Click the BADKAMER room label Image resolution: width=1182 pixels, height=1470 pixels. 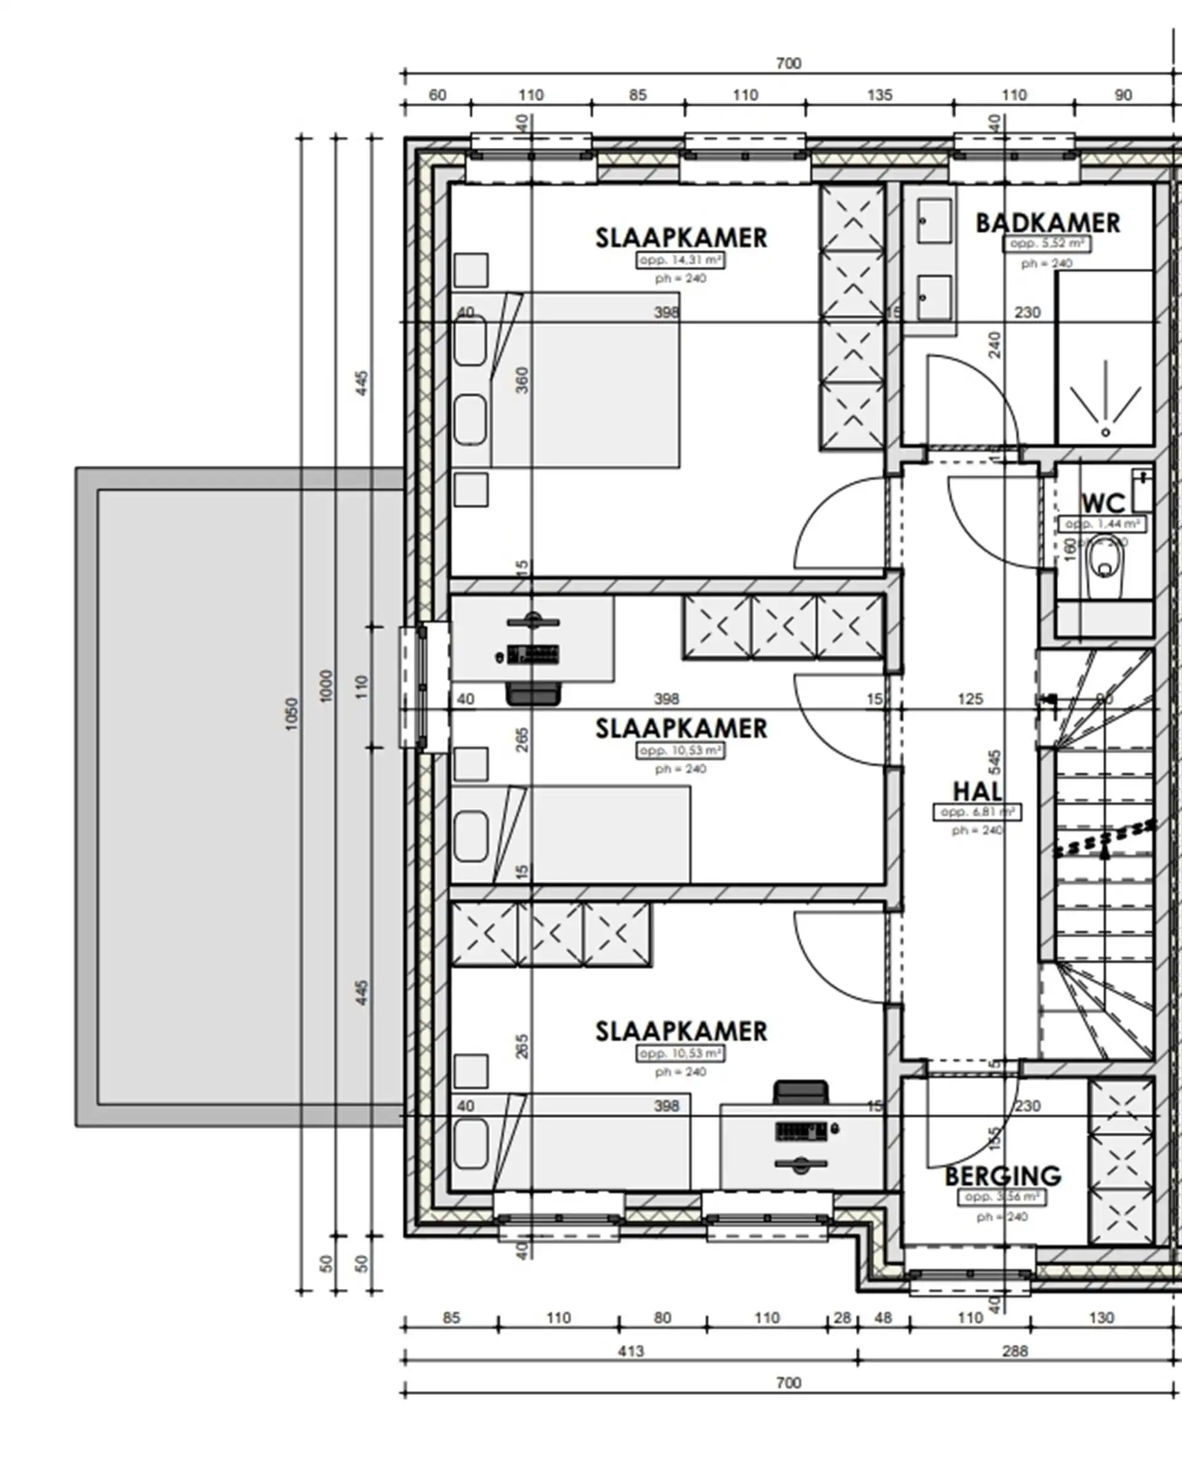pyautogui.click(x=1047, y=223)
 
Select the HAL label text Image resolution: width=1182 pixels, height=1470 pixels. pyautogui.click(x=977, y=791)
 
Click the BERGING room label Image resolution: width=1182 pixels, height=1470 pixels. pyautogui.click(x=1003, y=1176)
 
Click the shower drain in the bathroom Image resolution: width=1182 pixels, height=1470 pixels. pyautogui.click(x=1105, y=432)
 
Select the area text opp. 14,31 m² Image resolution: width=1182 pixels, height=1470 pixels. pyautogui.click(x=680, y=260)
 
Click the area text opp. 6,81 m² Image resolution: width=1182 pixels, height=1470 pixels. pyautogui.click(x=977, y=812)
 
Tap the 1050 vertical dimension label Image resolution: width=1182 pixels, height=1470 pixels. pyautogui.click(x=292, y=714)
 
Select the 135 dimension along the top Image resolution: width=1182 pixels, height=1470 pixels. pyautogui.click(x=879, y=95)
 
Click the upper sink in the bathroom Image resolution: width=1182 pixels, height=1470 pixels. pyautogui.click(x=934, y=220)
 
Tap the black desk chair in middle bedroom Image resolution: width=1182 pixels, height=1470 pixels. pyautogui.click(x=534, y=694)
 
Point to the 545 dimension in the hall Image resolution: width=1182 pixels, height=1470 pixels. pyautogui.click(x=995, y=762)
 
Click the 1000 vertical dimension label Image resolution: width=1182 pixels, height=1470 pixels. pyautogui.click(x=326, y=685)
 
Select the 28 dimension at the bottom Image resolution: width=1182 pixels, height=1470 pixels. pyautogui.click(x=843, y=1318)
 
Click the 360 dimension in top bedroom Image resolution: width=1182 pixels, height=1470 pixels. pyautogui.click(x=522, y=381)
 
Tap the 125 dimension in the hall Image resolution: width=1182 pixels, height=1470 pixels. pyautogui.click(x=970, y=699)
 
